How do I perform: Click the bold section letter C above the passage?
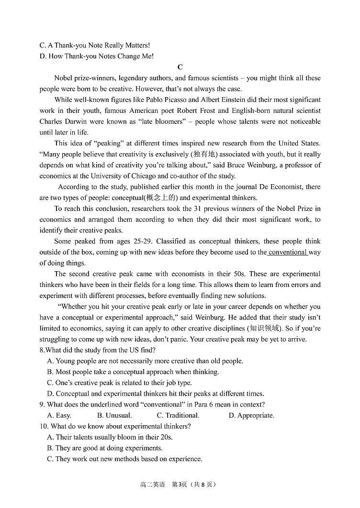[180, 67]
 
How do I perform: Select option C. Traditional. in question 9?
[178, 415]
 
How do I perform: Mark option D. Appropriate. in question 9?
[251, 415]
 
